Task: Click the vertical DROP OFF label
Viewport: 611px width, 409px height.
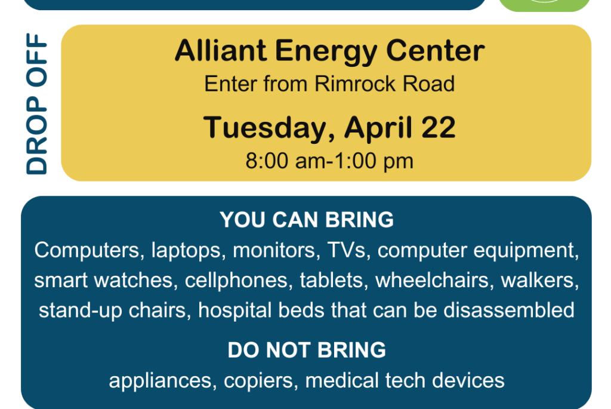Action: [x=36, y=104]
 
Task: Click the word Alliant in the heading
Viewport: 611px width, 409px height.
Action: [x=221, y=51]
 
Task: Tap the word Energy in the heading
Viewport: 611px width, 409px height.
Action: [x=326, y=53]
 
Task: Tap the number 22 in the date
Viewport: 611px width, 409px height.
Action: [x=438, y=128]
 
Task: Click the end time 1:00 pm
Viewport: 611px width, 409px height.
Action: [x=374, y=161]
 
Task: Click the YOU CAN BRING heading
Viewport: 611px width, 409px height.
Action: [x=307, y=220]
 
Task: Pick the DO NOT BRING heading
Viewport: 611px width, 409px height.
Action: [x=307, y=350]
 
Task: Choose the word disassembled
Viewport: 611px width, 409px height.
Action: [x=509, y=310]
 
